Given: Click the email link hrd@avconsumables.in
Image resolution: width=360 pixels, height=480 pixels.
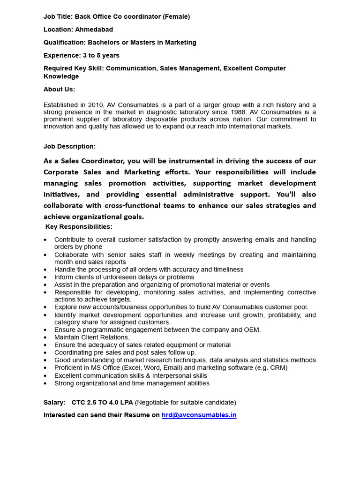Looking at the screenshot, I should coord(199,415).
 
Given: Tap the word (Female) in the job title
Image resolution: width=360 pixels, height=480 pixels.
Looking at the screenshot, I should coord(176,16).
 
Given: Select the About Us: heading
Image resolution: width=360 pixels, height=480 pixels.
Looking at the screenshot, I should coord(59,89).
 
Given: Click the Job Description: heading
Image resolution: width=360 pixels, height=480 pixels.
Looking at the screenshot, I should coord(69,146).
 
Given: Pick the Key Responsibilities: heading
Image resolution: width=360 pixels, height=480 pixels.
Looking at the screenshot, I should coord(79,227).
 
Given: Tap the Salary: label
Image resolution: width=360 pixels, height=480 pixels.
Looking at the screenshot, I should coord(54,402).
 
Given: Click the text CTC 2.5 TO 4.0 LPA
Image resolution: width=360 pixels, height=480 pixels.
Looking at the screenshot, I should coord(102,402).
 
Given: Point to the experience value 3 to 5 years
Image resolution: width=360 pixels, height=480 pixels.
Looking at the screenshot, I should coord(101,55).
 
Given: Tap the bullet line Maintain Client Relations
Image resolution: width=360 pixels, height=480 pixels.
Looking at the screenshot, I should coord(92,337).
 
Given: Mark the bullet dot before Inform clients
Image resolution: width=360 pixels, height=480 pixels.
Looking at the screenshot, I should coord(45,277).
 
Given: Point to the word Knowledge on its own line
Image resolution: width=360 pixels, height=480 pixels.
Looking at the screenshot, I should coord(61,76).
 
